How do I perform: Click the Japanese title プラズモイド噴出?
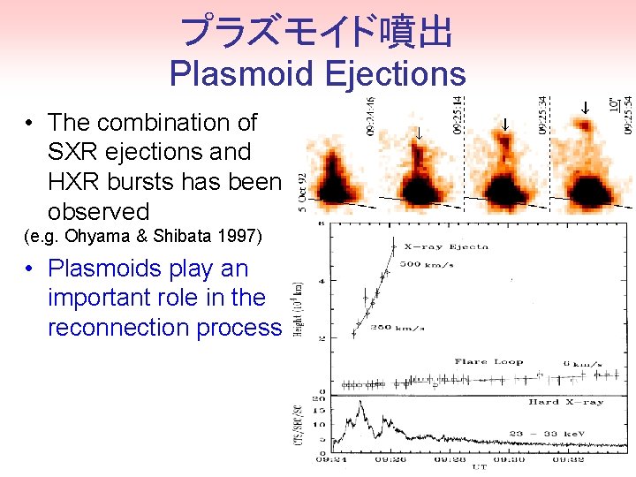point(316,33)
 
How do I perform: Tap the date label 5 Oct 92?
point(302,193)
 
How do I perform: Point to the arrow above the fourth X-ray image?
point(584,108)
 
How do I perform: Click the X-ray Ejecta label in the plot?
point(446,246)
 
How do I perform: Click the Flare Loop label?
point(488,361)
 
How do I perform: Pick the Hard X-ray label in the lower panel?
point(565,402)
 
